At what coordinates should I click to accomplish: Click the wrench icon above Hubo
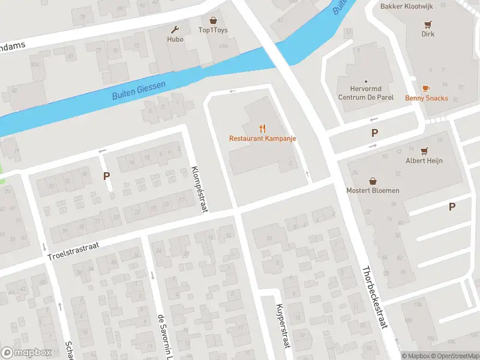coord(176,29)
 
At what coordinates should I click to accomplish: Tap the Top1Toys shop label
coord(213,31)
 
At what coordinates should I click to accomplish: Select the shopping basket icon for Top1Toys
coord(213,20)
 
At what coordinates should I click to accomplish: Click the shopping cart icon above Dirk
coord(428,24)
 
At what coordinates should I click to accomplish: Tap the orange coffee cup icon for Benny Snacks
coord(426,88)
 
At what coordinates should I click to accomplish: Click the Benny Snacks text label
coord(426,98)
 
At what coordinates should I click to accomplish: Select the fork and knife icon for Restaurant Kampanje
coord(262,128)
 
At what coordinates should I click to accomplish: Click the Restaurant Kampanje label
coord(262,139)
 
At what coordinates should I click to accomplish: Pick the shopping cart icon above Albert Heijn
coord(424,150)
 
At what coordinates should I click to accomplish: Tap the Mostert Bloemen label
coord(373,191)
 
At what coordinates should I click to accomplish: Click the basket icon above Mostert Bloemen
coord(373,180)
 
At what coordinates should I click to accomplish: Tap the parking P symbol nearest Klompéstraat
coord(107,176)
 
